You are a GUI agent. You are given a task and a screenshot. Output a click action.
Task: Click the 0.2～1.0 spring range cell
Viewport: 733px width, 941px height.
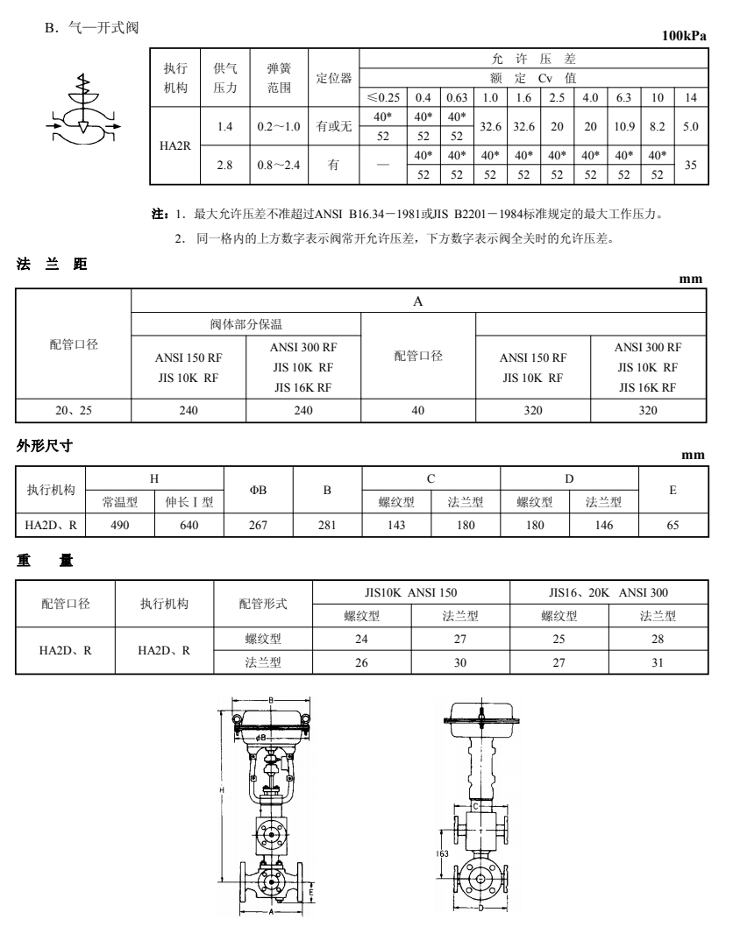point(279,127)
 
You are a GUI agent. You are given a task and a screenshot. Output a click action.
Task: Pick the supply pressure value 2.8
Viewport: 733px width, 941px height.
point(224,165)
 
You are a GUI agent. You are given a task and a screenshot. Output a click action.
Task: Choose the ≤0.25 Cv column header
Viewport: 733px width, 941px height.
point(383,96)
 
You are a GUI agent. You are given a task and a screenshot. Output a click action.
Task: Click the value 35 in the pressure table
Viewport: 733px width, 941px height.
point(690,165)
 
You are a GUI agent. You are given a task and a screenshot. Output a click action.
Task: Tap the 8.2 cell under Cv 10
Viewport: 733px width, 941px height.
point(658,127)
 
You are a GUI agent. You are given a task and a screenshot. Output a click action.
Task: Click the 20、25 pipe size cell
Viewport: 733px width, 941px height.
point(74,408)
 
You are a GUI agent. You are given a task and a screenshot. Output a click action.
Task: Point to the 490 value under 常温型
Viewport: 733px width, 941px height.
point(119,525)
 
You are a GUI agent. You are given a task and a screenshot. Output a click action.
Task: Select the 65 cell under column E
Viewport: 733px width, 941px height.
point(672,525)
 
